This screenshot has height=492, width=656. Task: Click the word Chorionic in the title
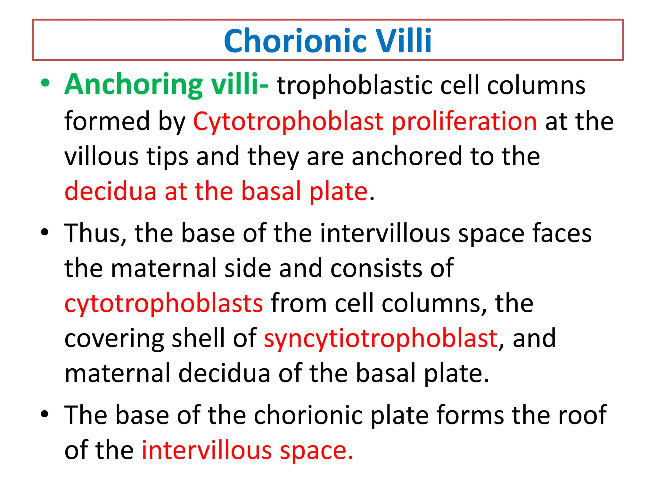[295, 41]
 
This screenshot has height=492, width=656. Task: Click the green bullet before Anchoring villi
[45, 83]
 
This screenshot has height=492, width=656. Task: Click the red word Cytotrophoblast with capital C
[288, 122]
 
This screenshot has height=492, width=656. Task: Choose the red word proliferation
[464, 122]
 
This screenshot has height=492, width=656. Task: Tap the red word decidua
[110, 191]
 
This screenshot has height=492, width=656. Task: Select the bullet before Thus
[45, 232]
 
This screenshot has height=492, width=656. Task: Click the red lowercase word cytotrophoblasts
[164, 303]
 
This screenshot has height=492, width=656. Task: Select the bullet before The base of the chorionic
[45, 414]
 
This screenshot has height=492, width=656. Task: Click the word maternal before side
[163, 268]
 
